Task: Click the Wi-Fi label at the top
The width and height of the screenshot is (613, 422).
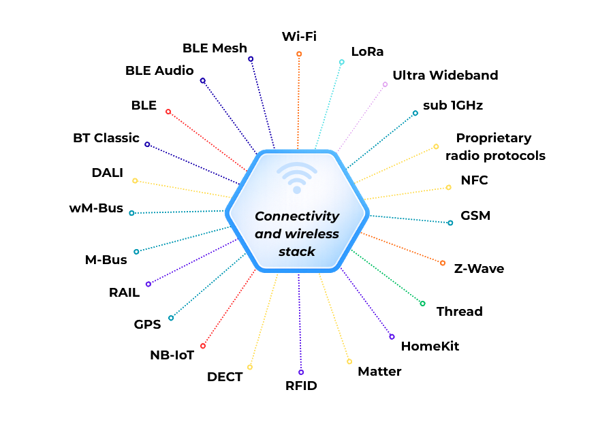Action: click(300, 36)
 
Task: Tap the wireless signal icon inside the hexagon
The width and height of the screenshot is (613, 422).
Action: click(297, 178)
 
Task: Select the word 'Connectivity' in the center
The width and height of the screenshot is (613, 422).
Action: click(297, 216)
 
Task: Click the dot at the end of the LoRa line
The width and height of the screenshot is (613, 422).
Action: click(342, 62)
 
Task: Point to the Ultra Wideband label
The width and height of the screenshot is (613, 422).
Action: click(445, 75)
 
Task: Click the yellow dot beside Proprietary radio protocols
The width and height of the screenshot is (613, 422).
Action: click(437, 146)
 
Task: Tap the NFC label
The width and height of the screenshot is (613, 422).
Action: click(474, 180)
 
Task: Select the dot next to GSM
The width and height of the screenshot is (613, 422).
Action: click(450, 223)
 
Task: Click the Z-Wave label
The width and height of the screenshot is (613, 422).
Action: click(479, 268)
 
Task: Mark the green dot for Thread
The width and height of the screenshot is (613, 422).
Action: click(422, 304)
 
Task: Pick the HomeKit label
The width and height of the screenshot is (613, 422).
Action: click(430, 346)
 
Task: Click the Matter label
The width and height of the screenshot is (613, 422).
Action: click(380, 371)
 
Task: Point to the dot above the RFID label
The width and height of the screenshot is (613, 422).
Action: click(301, 372)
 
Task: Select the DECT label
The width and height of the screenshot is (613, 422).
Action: click(225, 376)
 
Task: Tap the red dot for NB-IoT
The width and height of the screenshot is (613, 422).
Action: click(203, 346)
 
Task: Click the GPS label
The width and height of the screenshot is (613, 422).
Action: click(148, 324)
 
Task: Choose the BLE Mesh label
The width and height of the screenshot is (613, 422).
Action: click(215, 48)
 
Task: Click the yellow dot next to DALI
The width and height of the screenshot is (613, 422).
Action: click(135, 181)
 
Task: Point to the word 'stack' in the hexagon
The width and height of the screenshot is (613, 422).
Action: click(297, 251)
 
